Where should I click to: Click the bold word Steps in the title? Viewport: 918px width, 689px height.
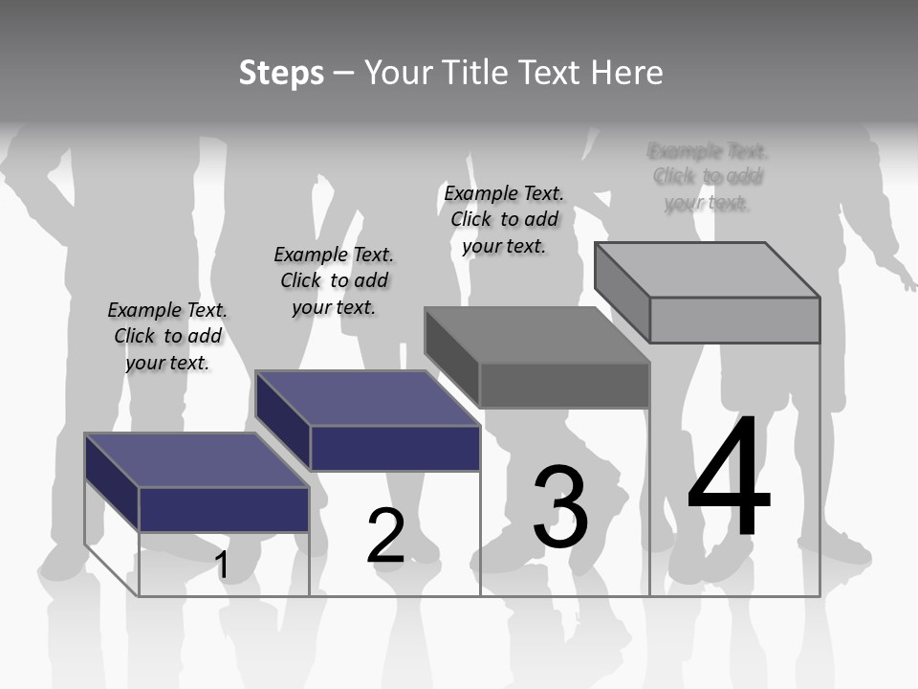coord(281,73)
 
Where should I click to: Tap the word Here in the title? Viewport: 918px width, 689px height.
coord(627,73)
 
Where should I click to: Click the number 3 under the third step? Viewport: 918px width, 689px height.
coord(560,507)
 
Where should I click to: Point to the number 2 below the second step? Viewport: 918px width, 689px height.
coord(386,536)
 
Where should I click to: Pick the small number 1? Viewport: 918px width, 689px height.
coord(222,566)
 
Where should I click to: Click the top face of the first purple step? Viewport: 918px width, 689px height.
coord(196,460)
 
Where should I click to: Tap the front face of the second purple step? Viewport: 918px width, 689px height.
coord(395,448)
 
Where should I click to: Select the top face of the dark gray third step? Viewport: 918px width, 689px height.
coord(536,335)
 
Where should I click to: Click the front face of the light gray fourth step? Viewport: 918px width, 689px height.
coord(734,320)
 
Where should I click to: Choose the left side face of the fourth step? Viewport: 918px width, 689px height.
coord(622,281)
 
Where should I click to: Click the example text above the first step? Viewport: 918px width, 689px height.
coord(167,337)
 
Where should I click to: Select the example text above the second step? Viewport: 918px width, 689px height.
coord(334,280)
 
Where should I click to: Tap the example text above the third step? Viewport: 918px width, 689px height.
coord(504,219)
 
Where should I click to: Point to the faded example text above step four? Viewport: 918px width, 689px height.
coord(708,177)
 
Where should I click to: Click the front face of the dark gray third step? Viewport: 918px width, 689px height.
coord(564,386)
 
